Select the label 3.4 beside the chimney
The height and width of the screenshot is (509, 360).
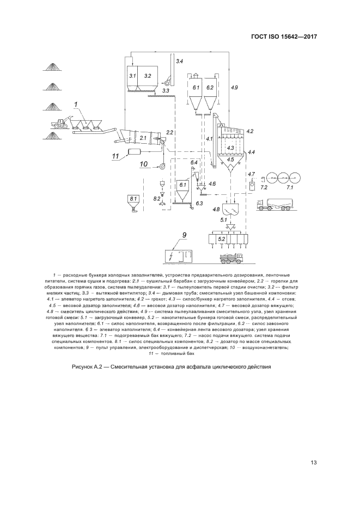[179, 61]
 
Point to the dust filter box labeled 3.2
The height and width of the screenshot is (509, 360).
[148, 77]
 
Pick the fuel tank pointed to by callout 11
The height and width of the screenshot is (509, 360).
[138, 152]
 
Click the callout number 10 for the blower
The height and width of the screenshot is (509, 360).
[143, 163]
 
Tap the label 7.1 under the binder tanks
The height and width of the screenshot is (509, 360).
[290, 187]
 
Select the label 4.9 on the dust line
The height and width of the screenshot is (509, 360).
[234, 87]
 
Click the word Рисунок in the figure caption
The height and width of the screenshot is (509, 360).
[83, 366]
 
